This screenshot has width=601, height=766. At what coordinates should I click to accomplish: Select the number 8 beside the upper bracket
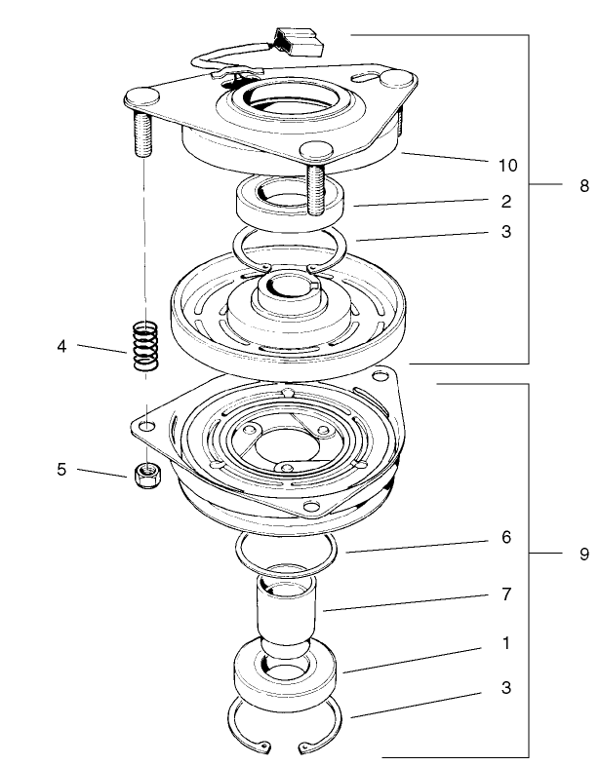click(x=583, y=184)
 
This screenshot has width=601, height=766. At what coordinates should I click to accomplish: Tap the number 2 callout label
click(x=506, y=203)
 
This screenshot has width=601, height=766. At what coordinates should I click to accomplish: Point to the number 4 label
click(x=61, y=345)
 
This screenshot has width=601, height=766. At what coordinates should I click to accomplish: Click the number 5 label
click(x=61, y=470)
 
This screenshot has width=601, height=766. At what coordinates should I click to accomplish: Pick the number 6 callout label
click(x=505, y=536)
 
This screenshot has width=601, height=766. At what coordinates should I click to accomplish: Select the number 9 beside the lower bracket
click(x=583, y=554)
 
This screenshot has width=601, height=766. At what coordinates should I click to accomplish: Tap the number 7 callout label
click(x=506, y=593)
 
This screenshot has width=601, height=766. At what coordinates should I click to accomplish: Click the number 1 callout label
click(x=505, y=643)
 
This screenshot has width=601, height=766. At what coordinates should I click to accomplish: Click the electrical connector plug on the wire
click(x=297, y=40)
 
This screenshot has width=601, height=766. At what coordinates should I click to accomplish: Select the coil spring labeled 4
click(x=144, y=345)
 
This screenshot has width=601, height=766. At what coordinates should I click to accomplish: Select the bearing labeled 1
click(x=285, y=672)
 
